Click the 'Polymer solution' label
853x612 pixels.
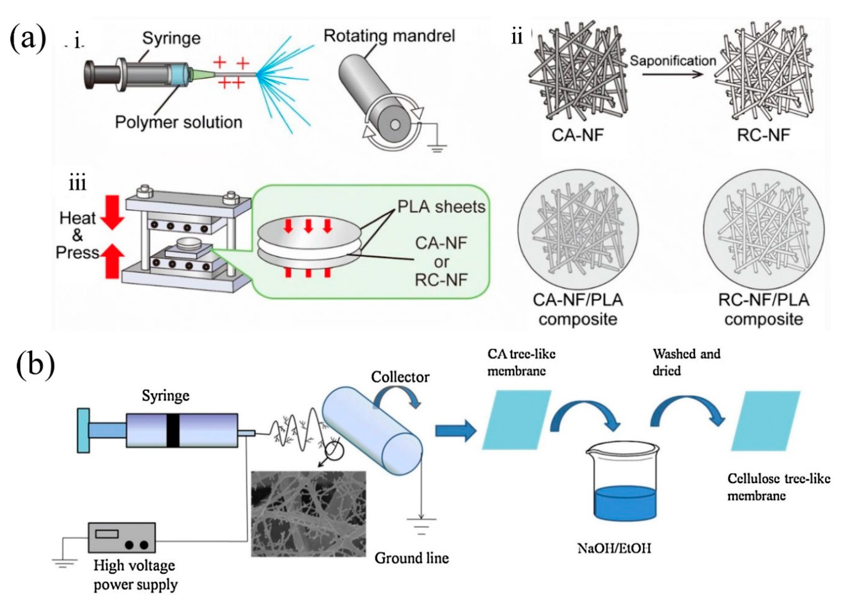coord(178,123)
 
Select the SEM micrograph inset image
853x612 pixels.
coord(308,513)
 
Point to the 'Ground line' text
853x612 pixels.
coord(411,558)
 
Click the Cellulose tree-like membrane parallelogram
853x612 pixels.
coord(765,421)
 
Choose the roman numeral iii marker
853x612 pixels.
coord(77,183)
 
